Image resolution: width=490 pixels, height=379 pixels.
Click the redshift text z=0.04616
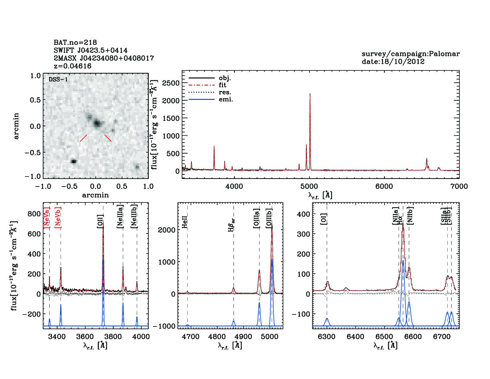coord(72,66)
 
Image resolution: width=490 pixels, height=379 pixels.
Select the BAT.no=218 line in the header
coord(75,43)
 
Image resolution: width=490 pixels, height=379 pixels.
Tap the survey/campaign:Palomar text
coord(410,54)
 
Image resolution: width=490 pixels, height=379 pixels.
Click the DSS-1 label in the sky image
coord(58,79)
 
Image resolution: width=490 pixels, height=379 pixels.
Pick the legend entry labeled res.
coord(225,92)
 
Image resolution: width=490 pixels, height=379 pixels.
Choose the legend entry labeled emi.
coord(226,99)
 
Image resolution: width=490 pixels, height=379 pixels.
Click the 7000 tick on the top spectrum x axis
coord(459,186)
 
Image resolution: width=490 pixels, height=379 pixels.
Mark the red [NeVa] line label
coord(47,218)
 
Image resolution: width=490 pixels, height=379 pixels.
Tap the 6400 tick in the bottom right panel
coord(355,336)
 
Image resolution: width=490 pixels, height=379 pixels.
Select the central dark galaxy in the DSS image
coord(97,123)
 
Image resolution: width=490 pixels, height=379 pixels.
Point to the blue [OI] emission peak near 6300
coord(327,319)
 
